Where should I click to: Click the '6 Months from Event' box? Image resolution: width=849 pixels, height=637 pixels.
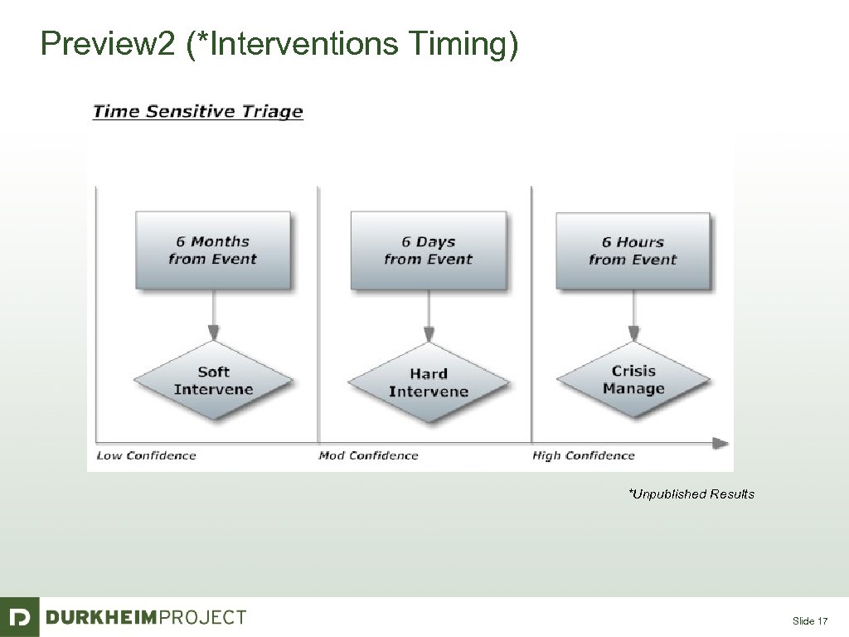pyautogui.click(x=212, y=250)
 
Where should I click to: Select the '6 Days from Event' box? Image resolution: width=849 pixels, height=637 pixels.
pyautogui.click(x=428, y=250)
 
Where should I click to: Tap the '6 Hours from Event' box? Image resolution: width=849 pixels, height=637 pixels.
pyautogui.click(x=633, y=250)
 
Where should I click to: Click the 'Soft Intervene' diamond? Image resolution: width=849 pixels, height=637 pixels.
pyautogui.click(x=213, y=381)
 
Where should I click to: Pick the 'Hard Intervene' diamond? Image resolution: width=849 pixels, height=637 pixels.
pyautogui.click(x=428, y=382)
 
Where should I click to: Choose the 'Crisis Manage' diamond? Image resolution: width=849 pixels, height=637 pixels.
pyautogui.click(x=633, y=380)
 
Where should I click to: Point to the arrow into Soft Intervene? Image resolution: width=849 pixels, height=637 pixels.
pyautogui.click(x=213, y=315)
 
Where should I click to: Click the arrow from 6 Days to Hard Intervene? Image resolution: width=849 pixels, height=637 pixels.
pyautogui.click(x=428, y=316)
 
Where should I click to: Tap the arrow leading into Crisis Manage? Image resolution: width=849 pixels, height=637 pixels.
pyautogui.click(x=633, y=315)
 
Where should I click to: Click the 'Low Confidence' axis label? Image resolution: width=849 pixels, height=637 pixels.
pyautogui.click(x=146, y=455)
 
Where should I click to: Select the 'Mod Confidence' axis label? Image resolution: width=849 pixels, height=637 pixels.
pyautogui.click(x=368, y=455)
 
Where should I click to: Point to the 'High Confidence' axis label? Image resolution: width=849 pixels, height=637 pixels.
pyautogui.click(x=583, y=455)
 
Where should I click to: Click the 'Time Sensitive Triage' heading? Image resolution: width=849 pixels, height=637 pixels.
pyautogui.click(x=197, y=111)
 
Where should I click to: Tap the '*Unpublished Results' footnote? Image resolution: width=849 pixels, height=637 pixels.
pyautogui.click(x=691, y=494)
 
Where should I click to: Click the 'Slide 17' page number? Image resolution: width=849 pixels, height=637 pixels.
pyautogui.click(x=810, y=621)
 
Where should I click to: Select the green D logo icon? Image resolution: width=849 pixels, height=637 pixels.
pyautogui.click(x=19, y=617)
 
